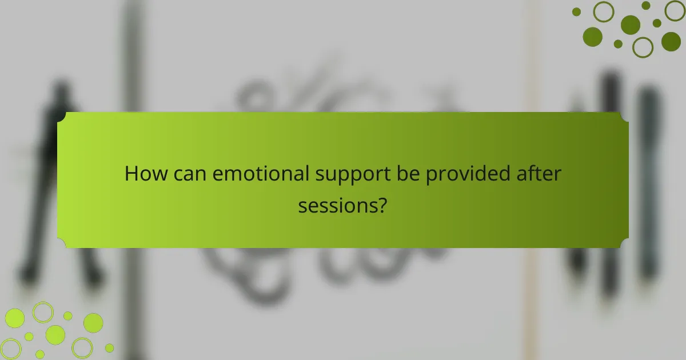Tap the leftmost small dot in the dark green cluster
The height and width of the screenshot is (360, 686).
[576, 11]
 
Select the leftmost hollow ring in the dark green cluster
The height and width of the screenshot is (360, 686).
[603, 11]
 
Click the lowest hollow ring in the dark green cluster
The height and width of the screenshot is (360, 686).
[643, 47]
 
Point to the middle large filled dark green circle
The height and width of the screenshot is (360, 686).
[631, 24]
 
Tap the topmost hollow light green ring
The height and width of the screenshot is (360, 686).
[42, 312]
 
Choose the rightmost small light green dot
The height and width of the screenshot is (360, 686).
[109, 347]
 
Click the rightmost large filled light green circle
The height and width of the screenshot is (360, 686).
[93, 323]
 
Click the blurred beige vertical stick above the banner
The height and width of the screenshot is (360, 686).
[532, 57]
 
